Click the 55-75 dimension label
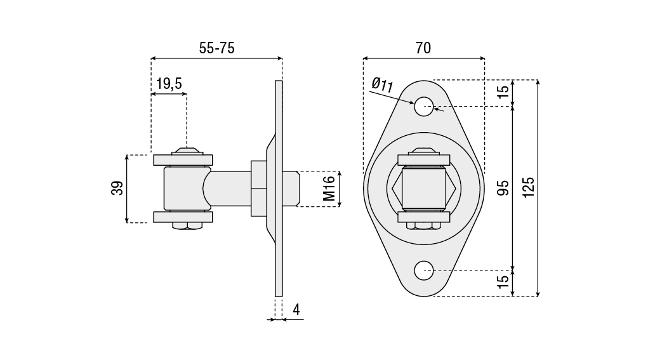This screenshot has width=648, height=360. [217, 48]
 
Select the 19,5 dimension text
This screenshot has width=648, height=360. [169, 83]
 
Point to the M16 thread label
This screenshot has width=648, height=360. [329, 189]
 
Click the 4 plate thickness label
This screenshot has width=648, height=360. [296, 310]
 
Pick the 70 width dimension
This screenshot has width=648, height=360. [423, 48]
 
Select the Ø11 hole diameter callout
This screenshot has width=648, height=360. [383, 84]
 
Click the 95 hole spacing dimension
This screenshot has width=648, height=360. [503, 188]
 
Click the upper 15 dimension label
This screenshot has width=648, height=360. [503, 92]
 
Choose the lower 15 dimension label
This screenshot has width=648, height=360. [503, 283]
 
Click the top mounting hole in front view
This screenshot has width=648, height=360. [424, 107]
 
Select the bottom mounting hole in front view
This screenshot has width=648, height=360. [424, 271]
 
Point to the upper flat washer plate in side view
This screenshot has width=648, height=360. [183, 160]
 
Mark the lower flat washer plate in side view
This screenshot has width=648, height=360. [183, 217]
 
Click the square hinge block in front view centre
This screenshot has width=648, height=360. [423, 189]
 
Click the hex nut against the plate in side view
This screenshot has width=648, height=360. [258, 189]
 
